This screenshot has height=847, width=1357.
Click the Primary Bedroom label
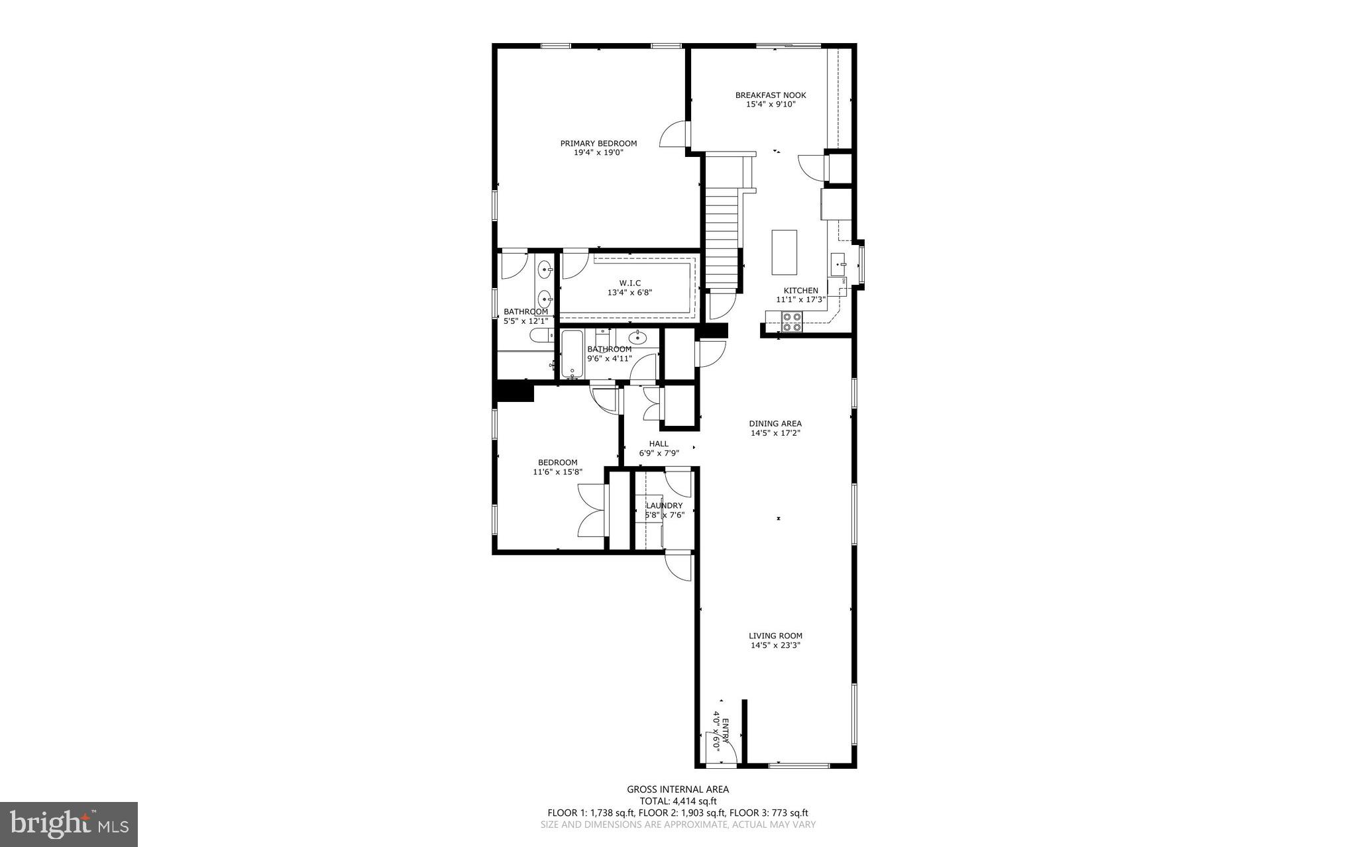pos(598,144)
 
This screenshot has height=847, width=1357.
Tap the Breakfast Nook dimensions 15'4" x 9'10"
pos(771,104)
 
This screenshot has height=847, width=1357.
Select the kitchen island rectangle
pos(784,252)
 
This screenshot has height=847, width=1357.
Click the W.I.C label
pos(629,283)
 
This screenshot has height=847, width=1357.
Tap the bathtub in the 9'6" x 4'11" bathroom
pos(571,354)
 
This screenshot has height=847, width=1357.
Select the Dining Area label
pos(775,424)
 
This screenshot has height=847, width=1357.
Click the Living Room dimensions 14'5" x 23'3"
pos(775,645)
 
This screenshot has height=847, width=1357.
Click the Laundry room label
pos(664,506)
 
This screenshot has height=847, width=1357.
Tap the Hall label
pos(659,444)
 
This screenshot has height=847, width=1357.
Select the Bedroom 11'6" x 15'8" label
pos(557,463)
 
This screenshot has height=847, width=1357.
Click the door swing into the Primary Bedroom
pos(673,135)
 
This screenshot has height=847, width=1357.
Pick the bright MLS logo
pos(69,824)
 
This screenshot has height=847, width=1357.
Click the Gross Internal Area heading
pos(678,789)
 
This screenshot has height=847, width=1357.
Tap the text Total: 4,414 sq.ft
pos(678,801)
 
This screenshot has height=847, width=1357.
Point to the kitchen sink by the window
pos(839,264)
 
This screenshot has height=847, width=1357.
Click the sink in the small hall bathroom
pos(637,338)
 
